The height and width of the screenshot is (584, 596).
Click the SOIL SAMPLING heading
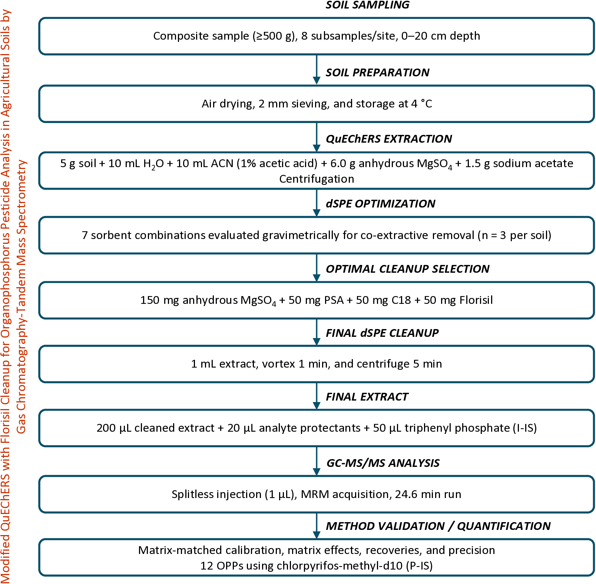point(367,5)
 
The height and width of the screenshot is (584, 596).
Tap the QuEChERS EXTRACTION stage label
point(389,139)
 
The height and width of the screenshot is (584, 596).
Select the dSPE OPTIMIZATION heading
point(380,203)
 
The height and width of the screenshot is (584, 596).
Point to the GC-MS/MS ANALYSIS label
point(383,463)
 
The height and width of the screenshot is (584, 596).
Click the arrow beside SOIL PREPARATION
point(317,70)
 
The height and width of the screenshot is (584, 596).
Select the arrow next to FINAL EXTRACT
point(317,396)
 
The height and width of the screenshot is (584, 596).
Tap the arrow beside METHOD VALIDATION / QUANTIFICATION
point(317,526)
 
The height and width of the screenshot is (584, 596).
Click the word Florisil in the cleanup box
point(476,300)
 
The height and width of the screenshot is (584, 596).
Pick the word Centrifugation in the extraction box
point(317,179)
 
